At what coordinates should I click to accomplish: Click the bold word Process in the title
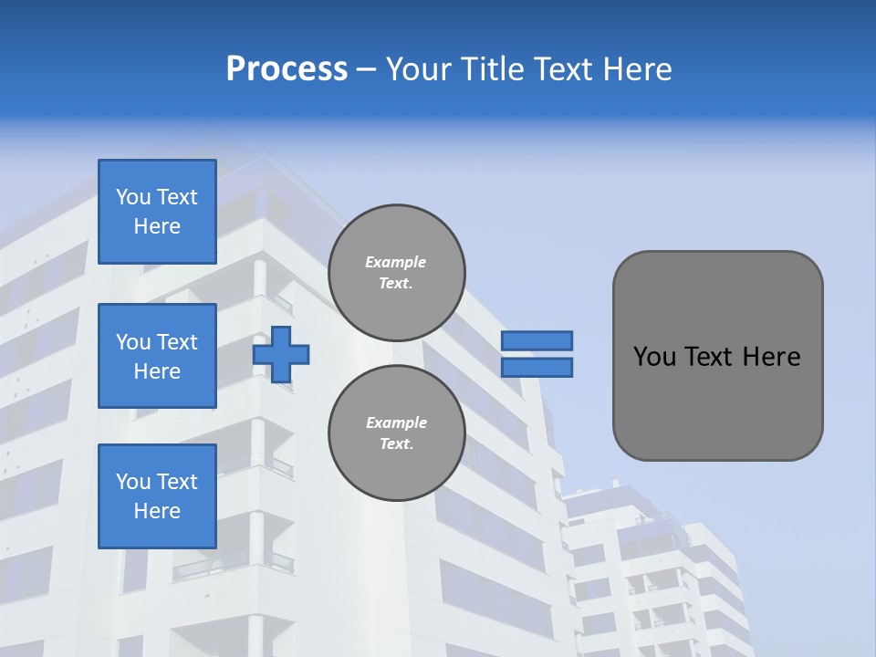[x=287, y=69]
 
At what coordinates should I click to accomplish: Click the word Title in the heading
[x=489, y=69]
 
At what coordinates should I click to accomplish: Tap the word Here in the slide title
[x=636, y=69]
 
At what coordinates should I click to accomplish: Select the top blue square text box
[x=157, y=212]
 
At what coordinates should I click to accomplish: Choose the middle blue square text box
[x=157, y=356]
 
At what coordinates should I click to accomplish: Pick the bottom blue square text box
[x=157, y=496]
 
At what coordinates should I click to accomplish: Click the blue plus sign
[x=281, y=354]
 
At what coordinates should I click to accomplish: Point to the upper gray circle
[x=396, y=273]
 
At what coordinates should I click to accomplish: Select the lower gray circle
[x=396, y=433]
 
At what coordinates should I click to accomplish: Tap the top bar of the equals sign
[x=537, y=340]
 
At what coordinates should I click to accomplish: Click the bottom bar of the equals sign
[x=537, y=367]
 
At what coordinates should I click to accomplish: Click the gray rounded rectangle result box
[x=717, y=356]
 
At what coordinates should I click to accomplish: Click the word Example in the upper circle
[x=395, y=263]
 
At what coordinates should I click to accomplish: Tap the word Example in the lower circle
[x=395, y=423]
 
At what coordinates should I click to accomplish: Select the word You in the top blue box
[x=133, y=198]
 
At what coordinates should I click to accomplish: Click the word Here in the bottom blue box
[x=157, y=512]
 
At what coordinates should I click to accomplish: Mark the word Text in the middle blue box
[x=177, y=342]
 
